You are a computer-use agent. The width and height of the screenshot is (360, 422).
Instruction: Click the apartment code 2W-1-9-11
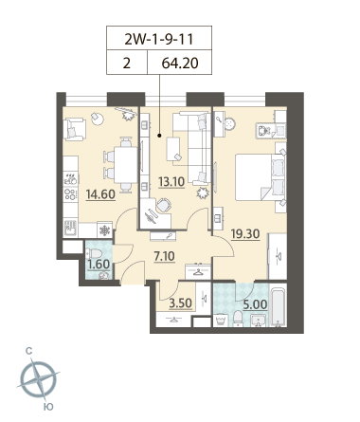coord(159,39)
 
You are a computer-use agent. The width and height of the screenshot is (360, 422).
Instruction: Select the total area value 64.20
coord(180,63)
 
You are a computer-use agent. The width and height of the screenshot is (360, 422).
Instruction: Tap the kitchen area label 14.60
coord(100,194)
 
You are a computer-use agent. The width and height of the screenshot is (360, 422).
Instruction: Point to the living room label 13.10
coord(171,182)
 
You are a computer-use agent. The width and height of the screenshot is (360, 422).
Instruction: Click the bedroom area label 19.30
coord(245,234)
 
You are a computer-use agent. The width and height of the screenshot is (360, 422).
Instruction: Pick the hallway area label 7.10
coord(164,256)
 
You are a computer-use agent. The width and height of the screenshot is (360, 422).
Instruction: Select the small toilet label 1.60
coord(99,265)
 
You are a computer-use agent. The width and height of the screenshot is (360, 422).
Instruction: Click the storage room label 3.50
coord(180,303)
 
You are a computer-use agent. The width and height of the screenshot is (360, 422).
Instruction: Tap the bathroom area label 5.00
coord(255,304)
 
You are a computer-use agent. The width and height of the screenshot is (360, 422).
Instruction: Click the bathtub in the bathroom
coord(279,305)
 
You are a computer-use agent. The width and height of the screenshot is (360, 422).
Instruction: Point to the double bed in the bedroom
coord(261,177)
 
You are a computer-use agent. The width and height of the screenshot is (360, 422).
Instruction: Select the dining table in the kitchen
coord(126,165)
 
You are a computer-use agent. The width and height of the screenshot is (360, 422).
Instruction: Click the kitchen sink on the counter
coord(71,228)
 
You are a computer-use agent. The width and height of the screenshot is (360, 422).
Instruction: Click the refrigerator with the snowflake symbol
coord(104,230)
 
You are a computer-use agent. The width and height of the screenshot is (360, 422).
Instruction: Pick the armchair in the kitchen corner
coord(75,129)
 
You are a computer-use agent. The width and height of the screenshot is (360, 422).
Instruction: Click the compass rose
coord(38,379)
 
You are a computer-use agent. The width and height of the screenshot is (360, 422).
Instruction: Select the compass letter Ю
coord(48,407)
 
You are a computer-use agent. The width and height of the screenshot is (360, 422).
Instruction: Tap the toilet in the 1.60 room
coord(94,253)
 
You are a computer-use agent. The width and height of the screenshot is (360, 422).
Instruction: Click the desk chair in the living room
coord(164,205)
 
